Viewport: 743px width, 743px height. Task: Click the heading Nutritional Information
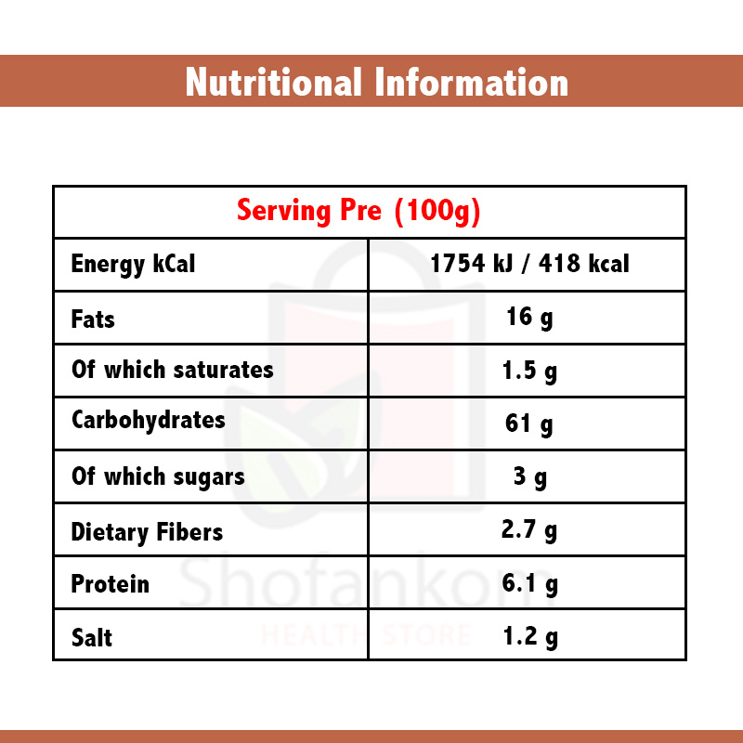(376, 82)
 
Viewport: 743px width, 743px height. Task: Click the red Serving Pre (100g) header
(358, 211)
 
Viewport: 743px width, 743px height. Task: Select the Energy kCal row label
(133, 264)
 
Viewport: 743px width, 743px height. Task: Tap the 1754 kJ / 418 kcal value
(529, 264)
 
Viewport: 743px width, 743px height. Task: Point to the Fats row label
(93, 319)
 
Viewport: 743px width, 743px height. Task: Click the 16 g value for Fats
(529, 318)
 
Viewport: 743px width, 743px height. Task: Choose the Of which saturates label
(173, 370)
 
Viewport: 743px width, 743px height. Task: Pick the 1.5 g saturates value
(529, 371)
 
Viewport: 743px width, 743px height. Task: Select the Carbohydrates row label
(149, 420)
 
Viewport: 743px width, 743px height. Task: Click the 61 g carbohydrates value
(529, 424)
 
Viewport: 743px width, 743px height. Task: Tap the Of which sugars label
(158, 476)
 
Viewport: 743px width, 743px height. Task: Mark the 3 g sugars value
(529, 478)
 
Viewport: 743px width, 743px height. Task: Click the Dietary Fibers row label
(147, 532)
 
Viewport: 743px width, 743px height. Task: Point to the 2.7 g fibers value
(529, 531)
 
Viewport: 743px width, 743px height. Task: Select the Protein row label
(110, 584)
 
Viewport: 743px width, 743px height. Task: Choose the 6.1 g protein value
(529, 584)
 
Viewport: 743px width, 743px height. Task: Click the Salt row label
(92, 638)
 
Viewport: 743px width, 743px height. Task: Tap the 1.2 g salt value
(529, 637)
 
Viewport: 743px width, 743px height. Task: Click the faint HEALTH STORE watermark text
(367, 636)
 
